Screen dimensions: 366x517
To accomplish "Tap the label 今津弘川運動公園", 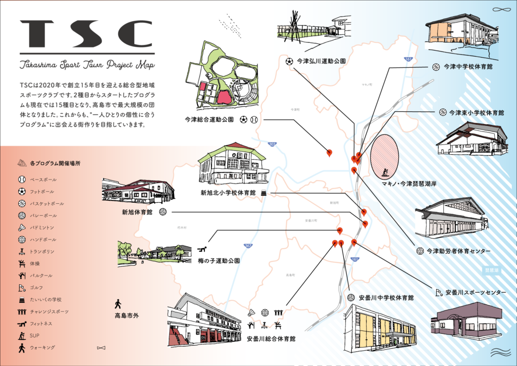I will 321,61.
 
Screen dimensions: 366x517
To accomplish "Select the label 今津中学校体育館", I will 468,66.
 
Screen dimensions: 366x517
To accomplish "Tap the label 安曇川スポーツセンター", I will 475,292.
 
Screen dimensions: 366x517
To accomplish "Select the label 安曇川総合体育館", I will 271,337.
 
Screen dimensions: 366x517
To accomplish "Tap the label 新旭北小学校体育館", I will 228,193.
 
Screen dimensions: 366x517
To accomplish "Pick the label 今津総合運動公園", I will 209,120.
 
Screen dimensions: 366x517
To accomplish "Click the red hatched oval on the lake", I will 385,157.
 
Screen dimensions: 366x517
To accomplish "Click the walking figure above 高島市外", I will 118,304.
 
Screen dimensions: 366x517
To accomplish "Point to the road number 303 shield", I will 273,144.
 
